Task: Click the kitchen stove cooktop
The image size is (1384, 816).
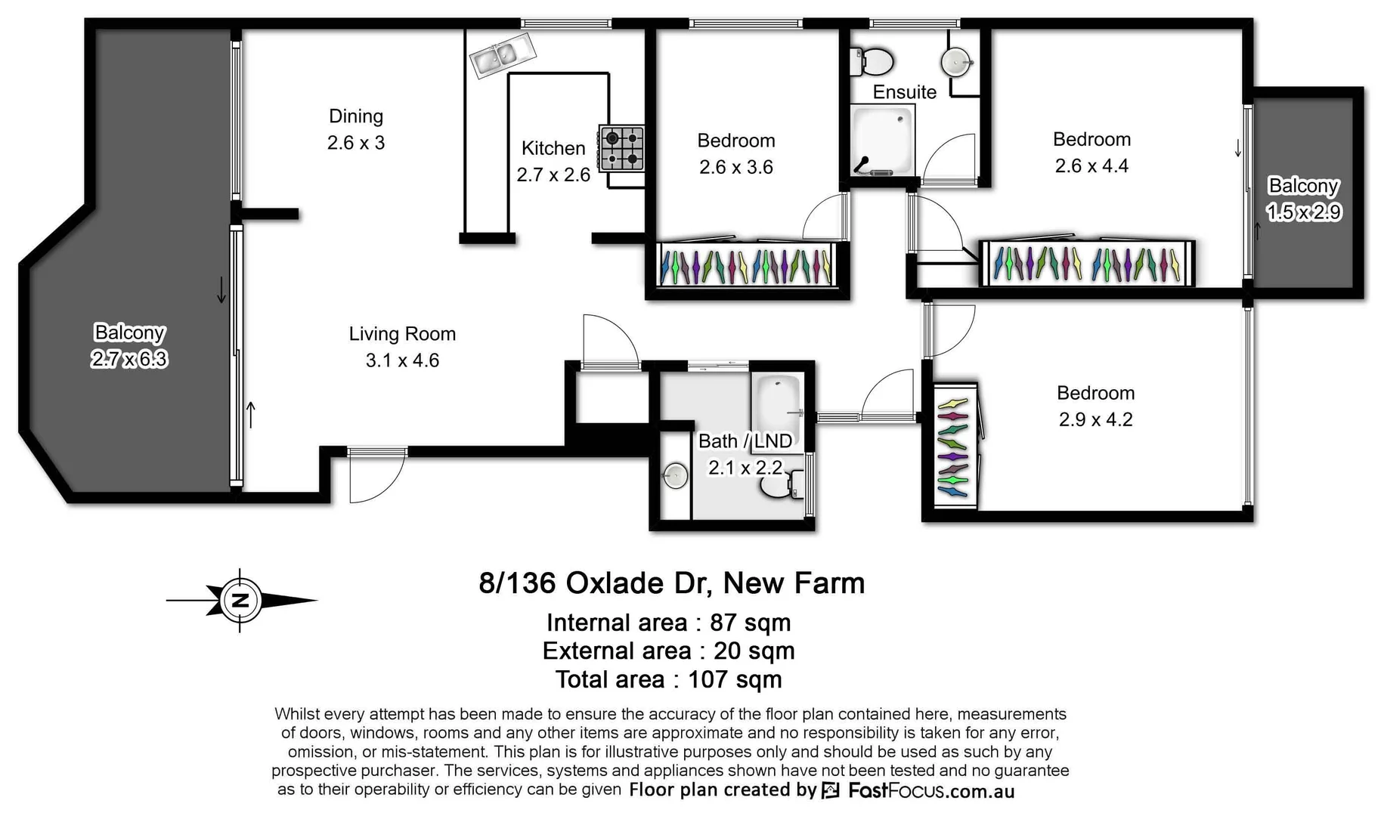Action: tap(622, 148)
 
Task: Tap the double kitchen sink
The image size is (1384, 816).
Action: tap(501, 55)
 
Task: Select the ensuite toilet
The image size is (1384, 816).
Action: tap(873, 61)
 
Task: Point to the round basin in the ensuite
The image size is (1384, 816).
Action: tap(956, 61)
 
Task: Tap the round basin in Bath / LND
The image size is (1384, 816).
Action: tap(675, 476)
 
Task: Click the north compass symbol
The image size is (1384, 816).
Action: tap(240, 601)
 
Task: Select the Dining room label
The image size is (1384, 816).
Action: tap(356, 116)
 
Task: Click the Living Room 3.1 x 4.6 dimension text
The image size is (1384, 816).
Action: tap(402, 360)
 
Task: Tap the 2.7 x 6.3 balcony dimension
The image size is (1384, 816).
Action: tap(129, 359)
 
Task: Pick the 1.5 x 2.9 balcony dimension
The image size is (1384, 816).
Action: tap(1304, 212)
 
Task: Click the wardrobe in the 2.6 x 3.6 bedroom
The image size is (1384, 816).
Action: tap(746, 266)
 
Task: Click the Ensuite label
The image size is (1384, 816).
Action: tap(904, 92)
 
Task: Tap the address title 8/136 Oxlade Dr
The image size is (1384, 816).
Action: tap(671, 583)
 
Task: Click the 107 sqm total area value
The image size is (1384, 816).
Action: tap(734, 679)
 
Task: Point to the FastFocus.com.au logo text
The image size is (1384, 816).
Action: tap(930, 790)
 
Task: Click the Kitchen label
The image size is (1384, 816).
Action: tap(553, 148)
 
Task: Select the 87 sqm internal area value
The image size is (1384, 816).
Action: tap(750, 623)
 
